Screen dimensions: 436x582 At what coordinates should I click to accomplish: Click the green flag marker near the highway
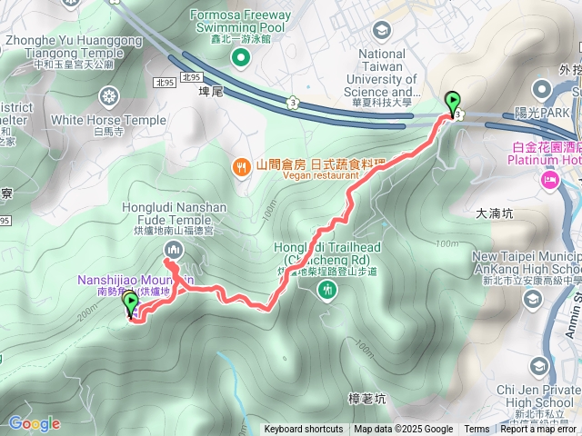(x=452, y=103)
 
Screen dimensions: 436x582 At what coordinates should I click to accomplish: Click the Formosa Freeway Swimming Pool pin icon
(x=240, y=59)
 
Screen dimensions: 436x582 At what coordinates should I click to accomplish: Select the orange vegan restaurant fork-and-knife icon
(x=241, y=165)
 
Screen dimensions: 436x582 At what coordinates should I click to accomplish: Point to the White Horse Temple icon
(x=109, y=95)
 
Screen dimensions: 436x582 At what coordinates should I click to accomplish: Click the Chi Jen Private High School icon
(x=539, y=365)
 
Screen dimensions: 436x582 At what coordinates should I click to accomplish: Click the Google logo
(x=34, y=423)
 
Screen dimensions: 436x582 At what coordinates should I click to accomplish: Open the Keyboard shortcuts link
(x=304, y=430)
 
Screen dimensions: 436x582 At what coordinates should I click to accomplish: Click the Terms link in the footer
(x=477, y=430)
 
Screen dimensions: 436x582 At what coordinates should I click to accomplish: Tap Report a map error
(x=540, y=430)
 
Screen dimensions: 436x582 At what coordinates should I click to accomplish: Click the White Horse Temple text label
(x=109, y=119)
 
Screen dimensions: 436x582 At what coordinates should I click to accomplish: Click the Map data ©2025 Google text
(x=404, y=430)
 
